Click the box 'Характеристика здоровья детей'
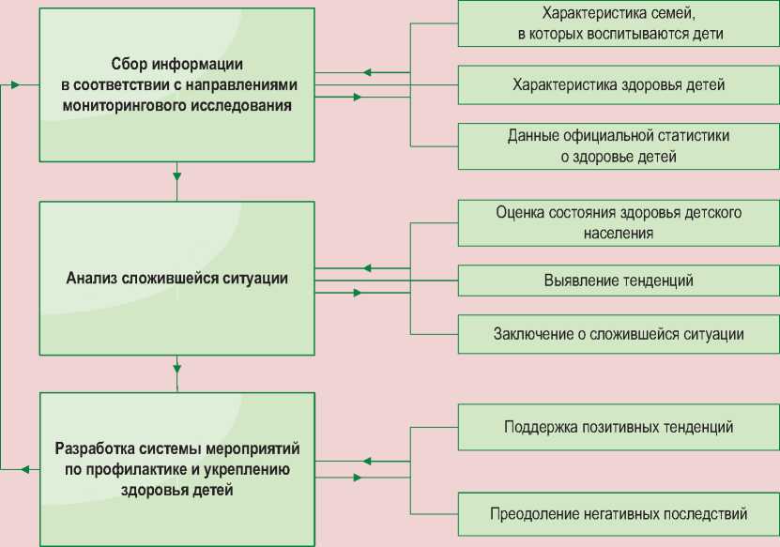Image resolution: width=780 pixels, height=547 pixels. [x=619, y=84]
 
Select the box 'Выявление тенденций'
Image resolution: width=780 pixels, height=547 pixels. [x=619, y=280]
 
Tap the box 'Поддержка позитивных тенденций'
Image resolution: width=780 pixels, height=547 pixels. [x=619, y=427]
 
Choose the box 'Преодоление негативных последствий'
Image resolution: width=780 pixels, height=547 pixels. [x=619, y=514]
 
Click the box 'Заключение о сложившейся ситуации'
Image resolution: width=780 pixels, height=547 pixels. [x=619, y=333]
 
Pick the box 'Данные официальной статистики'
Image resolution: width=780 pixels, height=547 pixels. [x=619, y=145]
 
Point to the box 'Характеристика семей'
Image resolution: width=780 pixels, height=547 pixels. [x=619, y=23]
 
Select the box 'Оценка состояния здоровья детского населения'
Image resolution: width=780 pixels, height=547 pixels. [x=619, y=222]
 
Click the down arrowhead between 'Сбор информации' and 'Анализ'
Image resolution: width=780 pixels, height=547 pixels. [x=176, y=174]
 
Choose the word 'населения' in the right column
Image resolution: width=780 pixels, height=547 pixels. [x=619, y=233]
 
